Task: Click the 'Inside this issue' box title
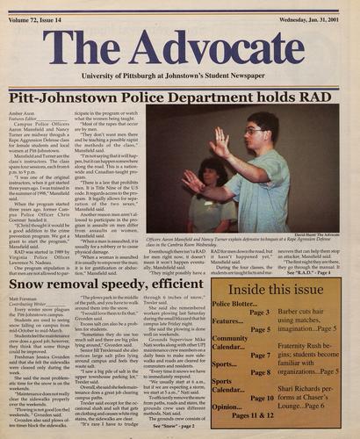280,290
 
